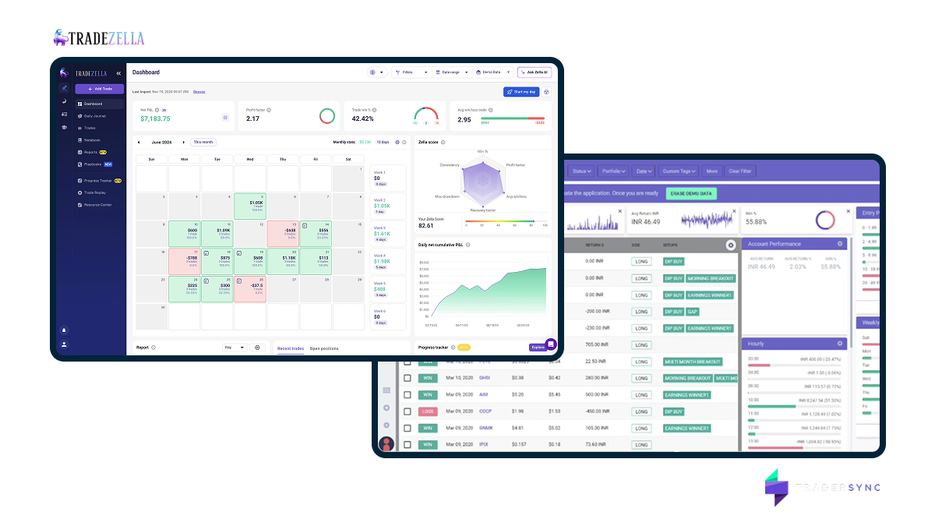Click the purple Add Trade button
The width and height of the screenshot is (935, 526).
tap(99, 89)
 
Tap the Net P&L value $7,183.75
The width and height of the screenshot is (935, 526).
tap(155, 118)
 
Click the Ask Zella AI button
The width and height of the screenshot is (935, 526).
tap(535, 72)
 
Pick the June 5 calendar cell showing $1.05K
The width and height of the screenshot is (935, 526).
tap(250, 204)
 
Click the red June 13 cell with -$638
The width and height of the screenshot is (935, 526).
tap(283, 233)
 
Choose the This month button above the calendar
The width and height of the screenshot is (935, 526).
tap(203, 142)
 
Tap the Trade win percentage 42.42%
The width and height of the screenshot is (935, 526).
tap(363, 118)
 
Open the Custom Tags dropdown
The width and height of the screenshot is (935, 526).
tap(680, 171)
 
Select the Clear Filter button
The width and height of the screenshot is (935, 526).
tap(740, 171)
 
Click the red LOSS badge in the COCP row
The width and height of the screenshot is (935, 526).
tap(428, 411)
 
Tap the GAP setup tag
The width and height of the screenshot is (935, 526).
tap(693, 312)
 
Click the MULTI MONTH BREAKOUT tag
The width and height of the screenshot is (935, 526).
tap(692, 362)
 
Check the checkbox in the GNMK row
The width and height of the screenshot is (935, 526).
tap(407, 428)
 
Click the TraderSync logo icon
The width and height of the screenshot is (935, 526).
tap(774, 488)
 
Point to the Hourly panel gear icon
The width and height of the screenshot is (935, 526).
tap(840, 343)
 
